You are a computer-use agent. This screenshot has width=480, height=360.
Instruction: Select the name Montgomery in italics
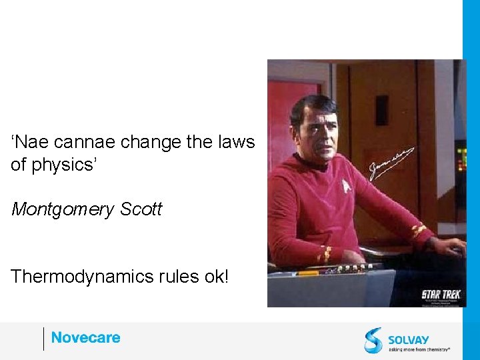tap(63, 209)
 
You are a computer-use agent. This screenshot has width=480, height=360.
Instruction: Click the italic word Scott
tap(141, 209)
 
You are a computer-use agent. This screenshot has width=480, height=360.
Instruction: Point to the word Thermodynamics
tap(75, 276)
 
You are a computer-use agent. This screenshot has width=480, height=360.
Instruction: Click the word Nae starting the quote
tap(30, 142)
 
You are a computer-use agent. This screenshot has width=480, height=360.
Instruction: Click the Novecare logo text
tap(85, 338)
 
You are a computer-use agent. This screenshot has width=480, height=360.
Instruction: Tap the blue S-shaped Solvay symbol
tap(373, 339)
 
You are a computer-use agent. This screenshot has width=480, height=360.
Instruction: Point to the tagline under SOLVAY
tap(419, 349)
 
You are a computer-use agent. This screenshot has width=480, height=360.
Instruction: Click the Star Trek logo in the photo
tap(441, 294)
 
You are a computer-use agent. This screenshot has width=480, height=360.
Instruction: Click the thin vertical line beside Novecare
tap(44, 339)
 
